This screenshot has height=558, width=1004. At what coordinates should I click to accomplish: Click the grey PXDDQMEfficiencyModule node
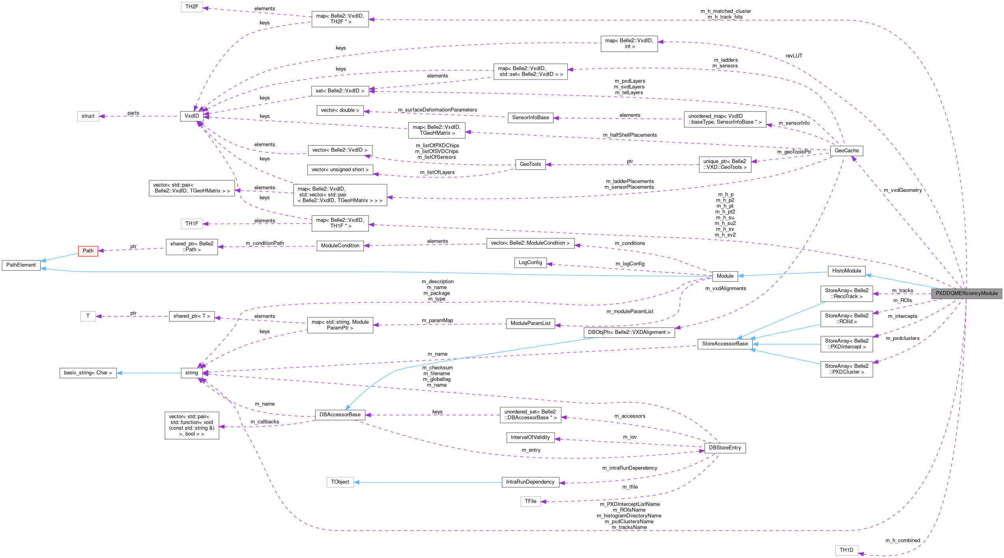[966, 293]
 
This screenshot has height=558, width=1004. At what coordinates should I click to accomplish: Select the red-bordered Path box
[88, 251]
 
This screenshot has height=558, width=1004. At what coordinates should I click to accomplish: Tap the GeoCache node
[846, 150]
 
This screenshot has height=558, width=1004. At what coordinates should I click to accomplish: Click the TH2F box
[192, 7]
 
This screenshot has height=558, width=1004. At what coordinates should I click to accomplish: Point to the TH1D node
[846, 550]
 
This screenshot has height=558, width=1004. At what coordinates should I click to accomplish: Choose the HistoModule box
[846, 271]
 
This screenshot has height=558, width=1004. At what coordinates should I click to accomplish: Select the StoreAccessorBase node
[724, 344]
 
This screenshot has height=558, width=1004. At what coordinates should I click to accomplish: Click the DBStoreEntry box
[724, 448]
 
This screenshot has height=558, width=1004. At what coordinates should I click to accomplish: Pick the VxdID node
[192, 116]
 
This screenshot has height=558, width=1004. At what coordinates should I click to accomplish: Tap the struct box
[88, 116]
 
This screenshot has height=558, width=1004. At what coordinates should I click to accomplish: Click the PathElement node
[21, 265]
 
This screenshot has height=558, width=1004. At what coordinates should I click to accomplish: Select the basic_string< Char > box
[88, 373]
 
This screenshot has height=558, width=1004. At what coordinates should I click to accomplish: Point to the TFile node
[530, 501]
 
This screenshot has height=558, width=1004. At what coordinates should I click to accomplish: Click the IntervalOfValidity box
[530, 438]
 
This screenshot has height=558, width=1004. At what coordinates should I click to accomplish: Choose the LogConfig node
[530, 263]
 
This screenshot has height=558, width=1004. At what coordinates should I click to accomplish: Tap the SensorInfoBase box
[530, 118]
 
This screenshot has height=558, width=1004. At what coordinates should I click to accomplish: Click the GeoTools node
[530, 164]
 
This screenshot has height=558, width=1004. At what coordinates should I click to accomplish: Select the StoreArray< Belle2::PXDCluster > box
[846, 369]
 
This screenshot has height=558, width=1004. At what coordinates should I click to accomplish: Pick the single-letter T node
[88, 316]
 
